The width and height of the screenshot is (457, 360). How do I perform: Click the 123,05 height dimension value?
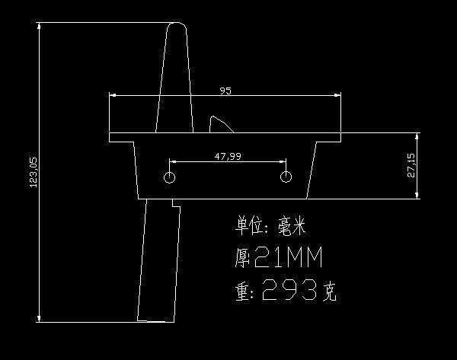pyautogui.click(x=34, y=173)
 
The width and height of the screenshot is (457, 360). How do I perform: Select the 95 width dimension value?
pyautogui.click(x=225, y=91)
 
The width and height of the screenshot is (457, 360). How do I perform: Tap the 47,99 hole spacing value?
pyautogui.click(x=228, y=157)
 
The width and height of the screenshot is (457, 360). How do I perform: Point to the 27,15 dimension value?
pyautogui.click(x=411, y=165)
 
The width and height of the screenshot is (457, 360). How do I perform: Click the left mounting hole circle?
pyautogui.click(x=169, y=177)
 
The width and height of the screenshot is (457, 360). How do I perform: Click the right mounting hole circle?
pyautogui.click(x=286, y=177)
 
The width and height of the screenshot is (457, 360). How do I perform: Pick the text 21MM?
pyautogui.click(x=289, y=257)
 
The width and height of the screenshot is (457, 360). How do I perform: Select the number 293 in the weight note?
pyautogui.click(x=289, y=289)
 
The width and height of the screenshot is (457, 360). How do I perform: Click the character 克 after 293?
pyautogui.click(x=330, y=292)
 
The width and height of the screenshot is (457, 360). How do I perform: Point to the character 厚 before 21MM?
pyautogui.click(x=242, y=258)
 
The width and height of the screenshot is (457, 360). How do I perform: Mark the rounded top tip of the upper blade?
pyautogui.click(x=177, y=23)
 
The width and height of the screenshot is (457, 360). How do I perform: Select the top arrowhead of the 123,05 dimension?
pyautogui.click(x=39, y=26)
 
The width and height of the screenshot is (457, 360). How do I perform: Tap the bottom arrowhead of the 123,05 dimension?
pyautogui.click(x=39, y=318)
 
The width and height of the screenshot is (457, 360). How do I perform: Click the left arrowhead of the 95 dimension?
pyautogui.click(x=113, y=95)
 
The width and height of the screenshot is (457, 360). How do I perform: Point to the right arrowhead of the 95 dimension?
pyautogui.click(x=337, y=95)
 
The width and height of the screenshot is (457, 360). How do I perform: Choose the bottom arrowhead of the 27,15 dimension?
pyautogui.click(x=417, y=196)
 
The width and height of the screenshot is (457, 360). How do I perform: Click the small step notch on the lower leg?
pyautogui.click(x=177, y=203)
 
